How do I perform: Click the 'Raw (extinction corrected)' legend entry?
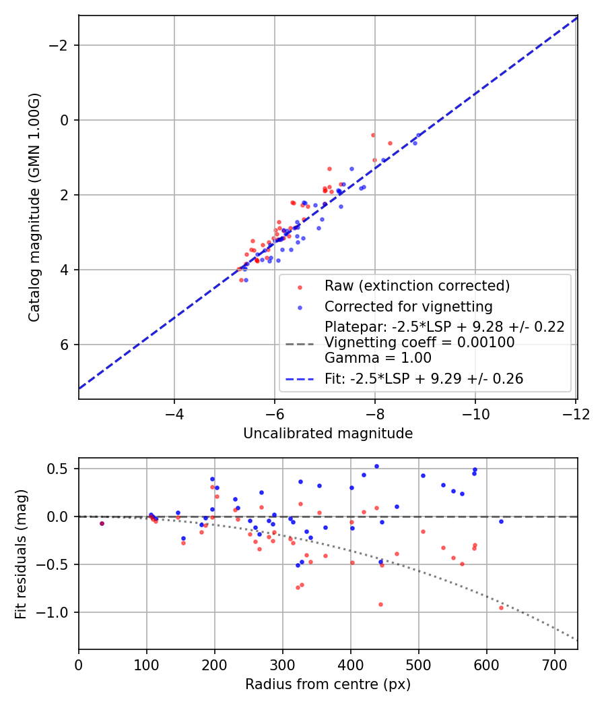coord(417,286)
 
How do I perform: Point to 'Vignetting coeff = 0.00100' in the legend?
coord(419,343)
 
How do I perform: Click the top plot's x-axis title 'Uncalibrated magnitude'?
coord(328,434)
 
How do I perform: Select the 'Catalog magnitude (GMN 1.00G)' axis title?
coord(34,207)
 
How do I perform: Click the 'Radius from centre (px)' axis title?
coord(328,684)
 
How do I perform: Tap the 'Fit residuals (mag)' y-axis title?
coord(21,554)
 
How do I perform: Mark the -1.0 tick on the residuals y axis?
coord(58,612)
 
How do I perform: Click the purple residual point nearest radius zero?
coord(102,523)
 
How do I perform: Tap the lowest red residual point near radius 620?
coord(501,608)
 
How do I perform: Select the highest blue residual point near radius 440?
coord(376,466)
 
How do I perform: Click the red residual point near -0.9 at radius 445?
coord(380,604)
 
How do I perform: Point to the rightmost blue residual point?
coord(501,521)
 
